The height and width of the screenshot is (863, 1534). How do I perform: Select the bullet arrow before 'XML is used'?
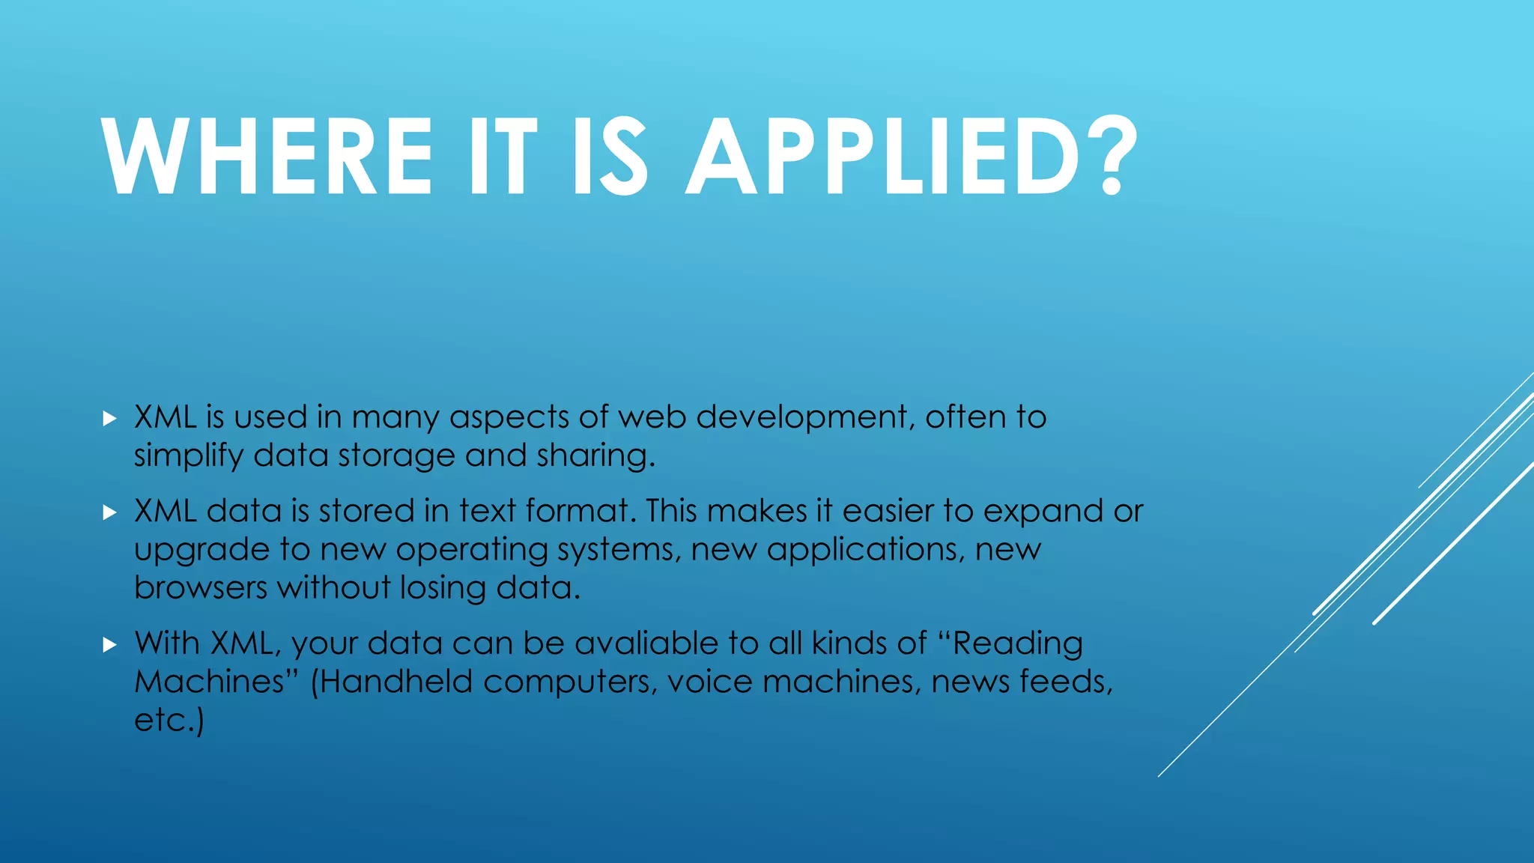(x=110, y=418)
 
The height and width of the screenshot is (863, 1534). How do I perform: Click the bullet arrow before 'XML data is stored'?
(x=110, y=512)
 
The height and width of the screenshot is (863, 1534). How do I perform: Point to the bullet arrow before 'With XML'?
(x=110, y=644)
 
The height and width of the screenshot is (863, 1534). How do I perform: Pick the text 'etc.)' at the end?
(x=169, y=721)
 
